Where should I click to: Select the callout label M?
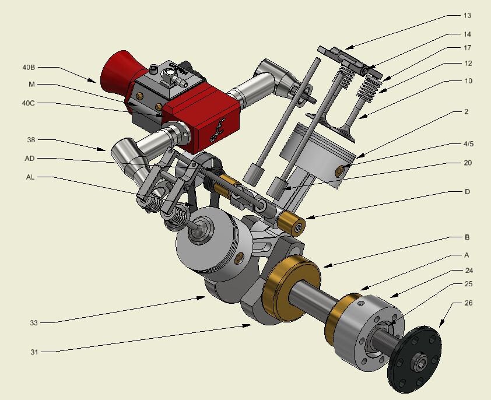[31, 85]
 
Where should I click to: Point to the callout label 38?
[31, 140]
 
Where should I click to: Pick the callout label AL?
[30, 177]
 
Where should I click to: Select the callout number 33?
[33, 322]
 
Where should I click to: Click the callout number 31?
[33, 351]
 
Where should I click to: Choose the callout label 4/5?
[468, 144]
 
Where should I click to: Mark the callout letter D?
[468, 191]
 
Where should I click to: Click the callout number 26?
[468, 303]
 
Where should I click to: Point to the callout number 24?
[468, 270]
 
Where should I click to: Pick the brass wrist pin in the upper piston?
[340, 171]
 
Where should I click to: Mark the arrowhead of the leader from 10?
[359, 118]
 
